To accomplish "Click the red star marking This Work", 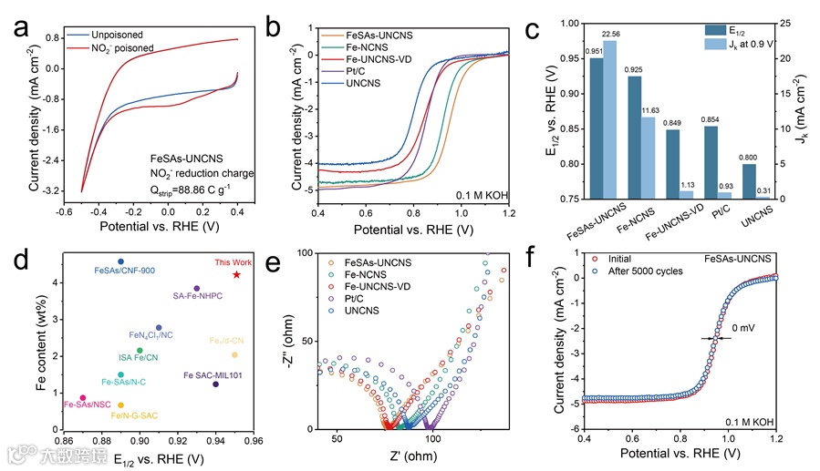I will pos(236,274).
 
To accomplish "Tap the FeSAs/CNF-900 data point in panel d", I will pos(120,261).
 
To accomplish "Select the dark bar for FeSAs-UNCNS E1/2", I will pos(597,128).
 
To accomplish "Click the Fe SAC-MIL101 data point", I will pos(215,384).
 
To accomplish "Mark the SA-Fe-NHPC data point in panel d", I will pos(196,288).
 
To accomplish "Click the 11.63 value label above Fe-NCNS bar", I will pos(650,110).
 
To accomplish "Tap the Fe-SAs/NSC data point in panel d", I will pos(83,397).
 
